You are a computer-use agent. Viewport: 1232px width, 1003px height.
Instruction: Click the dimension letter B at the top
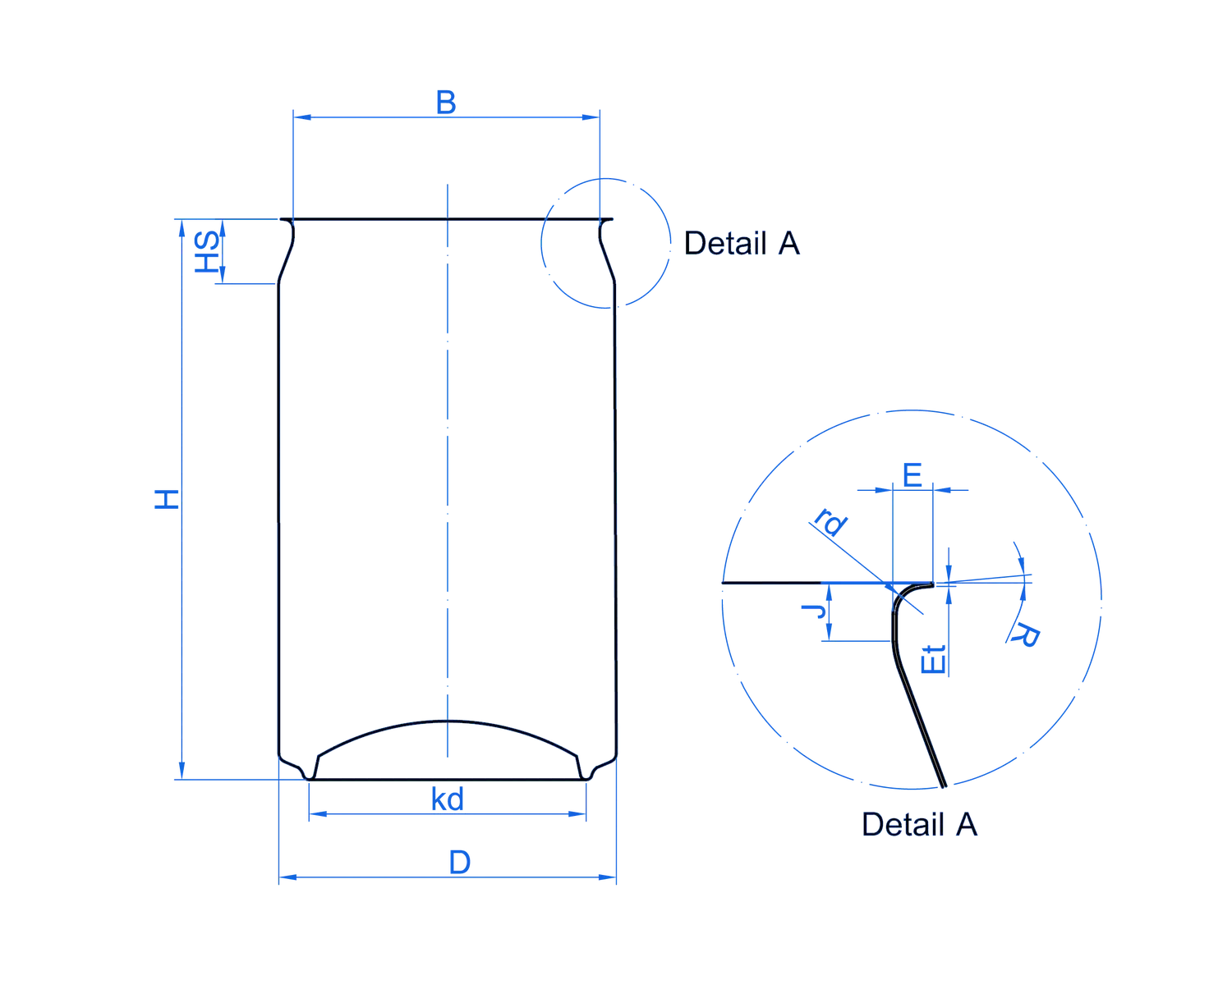pos(445,103)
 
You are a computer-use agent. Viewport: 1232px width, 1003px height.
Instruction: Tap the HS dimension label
pos(206,252)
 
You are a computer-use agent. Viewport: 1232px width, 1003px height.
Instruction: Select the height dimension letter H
pos(167,498)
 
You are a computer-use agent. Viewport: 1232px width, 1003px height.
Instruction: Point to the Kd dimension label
pos(448,799)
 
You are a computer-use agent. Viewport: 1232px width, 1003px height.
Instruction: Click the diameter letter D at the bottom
pos(460,863)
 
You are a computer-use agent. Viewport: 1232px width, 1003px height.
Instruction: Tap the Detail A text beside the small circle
pos(742,244)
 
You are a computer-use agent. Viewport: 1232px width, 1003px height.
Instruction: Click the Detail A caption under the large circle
pos(920,824)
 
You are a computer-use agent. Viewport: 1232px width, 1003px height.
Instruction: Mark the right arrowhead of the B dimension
pos(594,118)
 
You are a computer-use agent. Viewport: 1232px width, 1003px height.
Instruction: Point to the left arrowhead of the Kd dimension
pos(311,814)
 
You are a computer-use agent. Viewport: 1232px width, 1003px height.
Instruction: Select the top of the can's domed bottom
pos(448,720)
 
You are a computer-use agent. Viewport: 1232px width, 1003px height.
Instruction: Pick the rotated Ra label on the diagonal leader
pos(830,526)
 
